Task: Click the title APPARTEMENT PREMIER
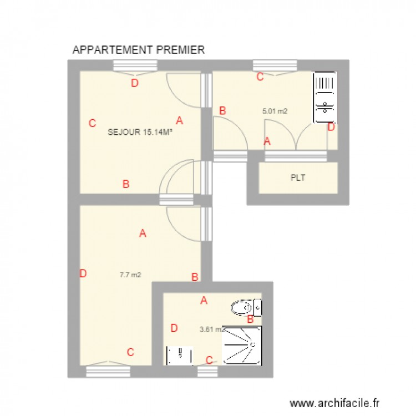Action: tap(139, 50)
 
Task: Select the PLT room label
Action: tap(298, 178)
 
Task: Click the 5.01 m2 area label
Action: tap(275, 111)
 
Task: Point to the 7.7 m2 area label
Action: tap(130, 274)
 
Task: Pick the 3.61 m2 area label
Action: tap(211, 329)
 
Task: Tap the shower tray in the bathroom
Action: tap(242, 345)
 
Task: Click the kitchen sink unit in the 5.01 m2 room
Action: tap(325, 97)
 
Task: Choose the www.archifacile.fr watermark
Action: tap(337, 403)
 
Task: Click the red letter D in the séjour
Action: tap(134, 84)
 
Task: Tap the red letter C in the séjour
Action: tap(93, 124)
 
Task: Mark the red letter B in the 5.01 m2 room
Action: tap(222, 111)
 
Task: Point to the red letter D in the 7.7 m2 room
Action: tap(83, 273)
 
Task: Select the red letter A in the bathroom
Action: tap(204, 301)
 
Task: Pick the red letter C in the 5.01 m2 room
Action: tap(260, 78)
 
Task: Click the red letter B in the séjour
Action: tap(126, 184)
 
